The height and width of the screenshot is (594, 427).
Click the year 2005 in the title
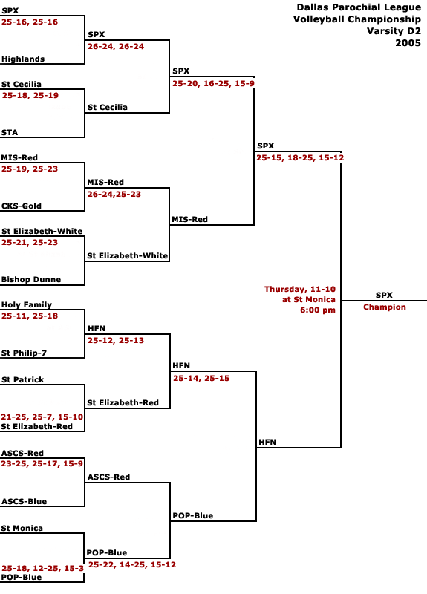click(x=408, y=43)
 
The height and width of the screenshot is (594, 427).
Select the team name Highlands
click(x=23, y=59)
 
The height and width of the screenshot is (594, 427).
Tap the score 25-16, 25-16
click(x=30, y=22)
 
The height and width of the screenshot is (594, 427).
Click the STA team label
click(x=10, y=133)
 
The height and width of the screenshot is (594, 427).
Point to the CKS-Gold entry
click(x=22, y=206)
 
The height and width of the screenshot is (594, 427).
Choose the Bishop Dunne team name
click(x=31, y=280)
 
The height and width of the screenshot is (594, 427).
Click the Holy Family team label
click(x=27, y=305)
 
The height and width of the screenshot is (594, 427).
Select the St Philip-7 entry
click(x=24, y=353)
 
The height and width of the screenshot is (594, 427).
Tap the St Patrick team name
click(x=23, y=379)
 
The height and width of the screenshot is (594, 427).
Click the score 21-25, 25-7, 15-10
click(x=42, y=417)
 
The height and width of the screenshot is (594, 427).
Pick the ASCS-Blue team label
click(x=25, y=502)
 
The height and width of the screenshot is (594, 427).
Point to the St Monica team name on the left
click(x=22, y=528)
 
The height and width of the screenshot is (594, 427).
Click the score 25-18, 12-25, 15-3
click(x=42, y=568)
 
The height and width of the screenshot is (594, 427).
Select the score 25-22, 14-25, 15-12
click(x=132, y=565)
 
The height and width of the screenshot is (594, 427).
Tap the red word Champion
click(x=385, y=307)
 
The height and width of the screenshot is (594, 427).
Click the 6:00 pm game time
click(x=318, y=310)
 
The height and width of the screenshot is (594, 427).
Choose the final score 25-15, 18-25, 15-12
click(x=300, y=158)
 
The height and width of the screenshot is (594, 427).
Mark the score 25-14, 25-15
click(x=201, y=378)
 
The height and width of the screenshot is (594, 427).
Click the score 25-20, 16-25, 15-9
click(x=213, y=84)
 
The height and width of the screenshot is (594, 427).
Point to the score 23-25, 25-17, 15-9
click(x=42, y=463)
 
